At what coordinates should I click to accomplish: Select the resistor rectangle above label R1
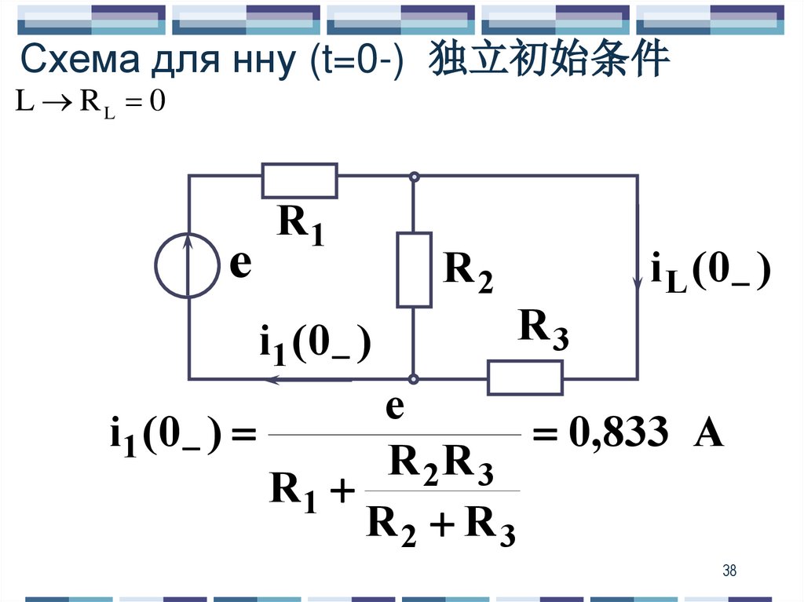299,181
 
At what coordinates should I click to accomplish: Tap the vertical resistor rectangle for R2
414,269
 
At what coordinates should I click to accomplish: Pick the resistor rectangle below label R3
525,378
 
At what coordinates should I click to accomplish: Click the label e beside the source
240,265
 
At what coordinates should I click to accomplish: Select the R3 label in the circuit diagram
543,330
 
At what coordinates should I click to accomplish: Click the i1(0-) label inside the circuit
314,345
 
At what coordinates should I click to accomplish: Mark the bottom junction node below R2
414,379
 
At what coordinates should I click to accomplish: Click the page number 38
729,571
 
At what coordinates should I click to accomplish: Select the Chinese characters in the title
549,60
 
